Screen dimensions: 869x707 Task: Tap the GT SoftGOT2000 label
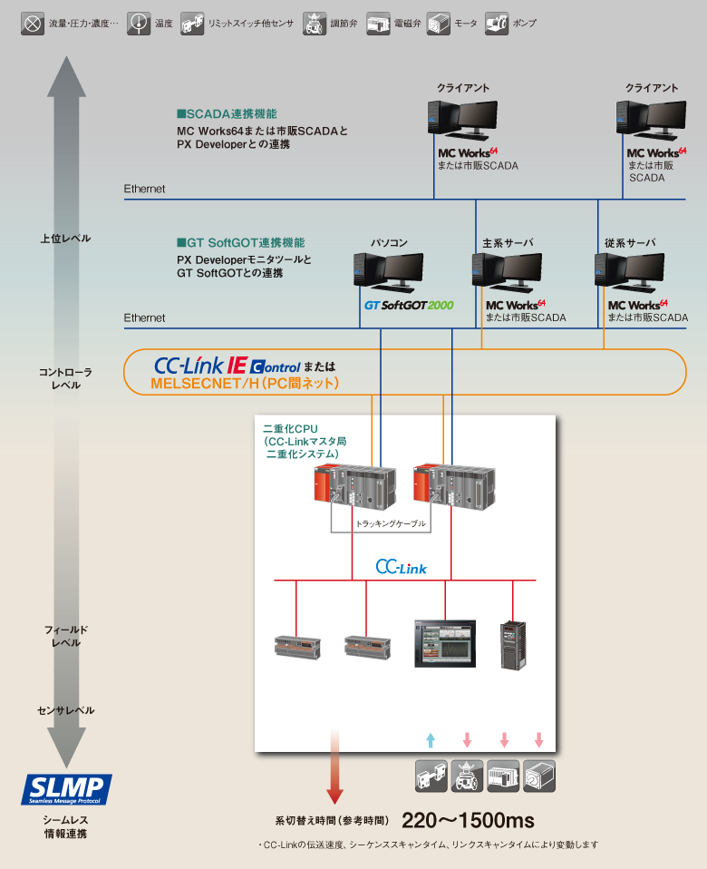point(409,306)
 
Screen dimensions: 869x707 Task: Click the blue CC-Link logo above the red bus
point(401,567)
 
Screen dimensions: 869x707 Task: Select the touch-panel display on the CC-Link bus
point(445,643)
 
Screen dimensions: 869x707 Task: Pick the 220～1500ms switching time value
point(468,821)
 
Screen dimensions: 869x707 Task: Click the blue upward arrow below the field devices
point(431,739)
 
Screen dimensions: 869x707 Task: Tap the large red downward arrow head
point(334,796)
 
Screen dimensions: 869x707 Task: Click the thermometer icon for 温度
point(139,23)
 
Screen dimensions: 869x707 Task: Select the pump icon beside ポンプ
point(497,23)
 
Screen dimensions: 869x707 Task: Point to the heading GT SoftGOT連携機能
point(240,243)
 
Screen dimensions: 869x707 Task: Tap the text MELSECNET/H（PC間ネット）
point(245,385)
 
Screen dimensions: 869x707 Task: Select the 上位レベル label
point(65,239)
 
